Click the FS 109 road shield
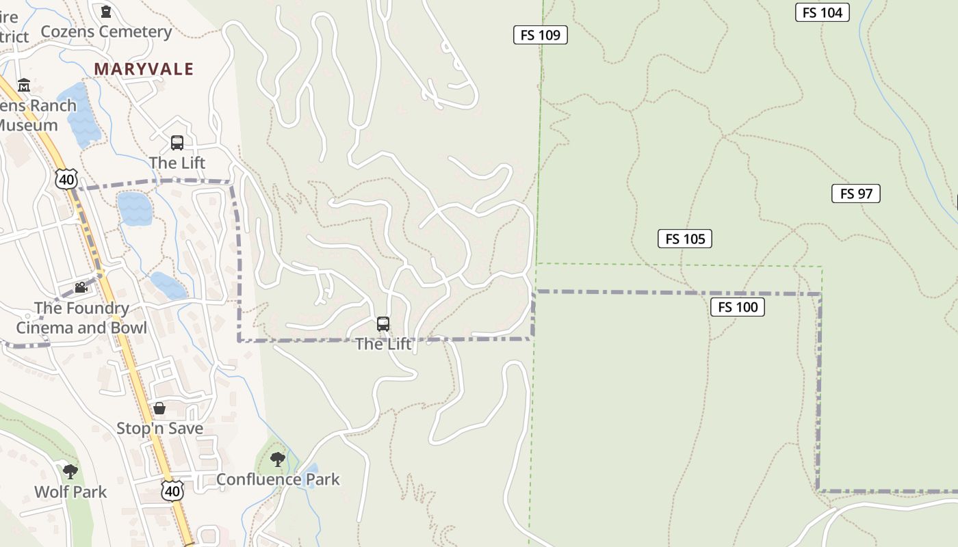point(540,35)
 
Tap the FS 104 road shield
point(822,12)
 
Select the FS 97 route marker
point(855,194)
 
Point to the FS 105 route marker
point(684,239)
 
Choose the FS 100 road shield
point(737,307)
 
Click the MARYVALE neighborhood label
point(144,69)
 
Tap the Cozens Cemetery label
point(106,31)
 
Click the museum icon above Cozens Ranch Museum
point(24,85)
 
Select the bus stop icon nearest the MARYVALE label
point(177,143)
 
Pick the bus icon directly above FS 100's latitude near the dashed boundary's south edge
point(383,324)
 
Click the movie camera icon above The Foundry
point(81,288)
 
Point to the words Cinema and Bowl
point(81,328)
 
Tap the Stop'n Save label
point(159,429)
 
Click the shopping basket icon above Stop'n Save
point(159,408)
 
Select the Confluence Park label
point(278,479)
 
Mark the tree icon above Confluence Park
point(277,459)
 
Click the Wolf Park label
point(70,492)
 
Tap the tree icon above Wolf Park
point(70,471)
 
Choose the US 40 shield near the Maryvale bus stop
point(66,179)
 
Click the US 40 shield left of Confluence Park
point(173,490)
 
